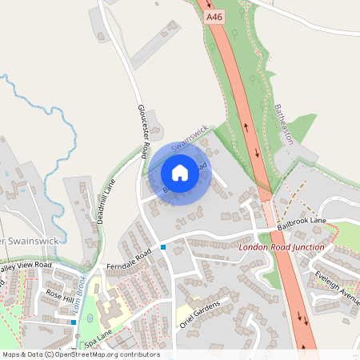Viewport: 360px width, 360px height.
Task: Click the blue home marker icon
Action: tap(180, 173)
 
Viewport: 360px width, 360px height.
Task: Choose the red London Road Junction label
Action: tap(282, 248)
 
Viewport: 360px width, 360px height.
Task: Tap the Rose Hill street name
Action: tap(58, 294)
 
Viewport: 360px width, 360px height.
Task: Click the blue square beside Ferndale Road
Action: tap(162, 247)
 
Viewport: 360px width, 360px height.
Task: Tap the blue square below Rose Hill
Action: tap(73, 322)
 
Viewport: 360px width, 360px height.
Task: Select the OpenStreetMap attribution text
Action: tap(80, 354)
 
